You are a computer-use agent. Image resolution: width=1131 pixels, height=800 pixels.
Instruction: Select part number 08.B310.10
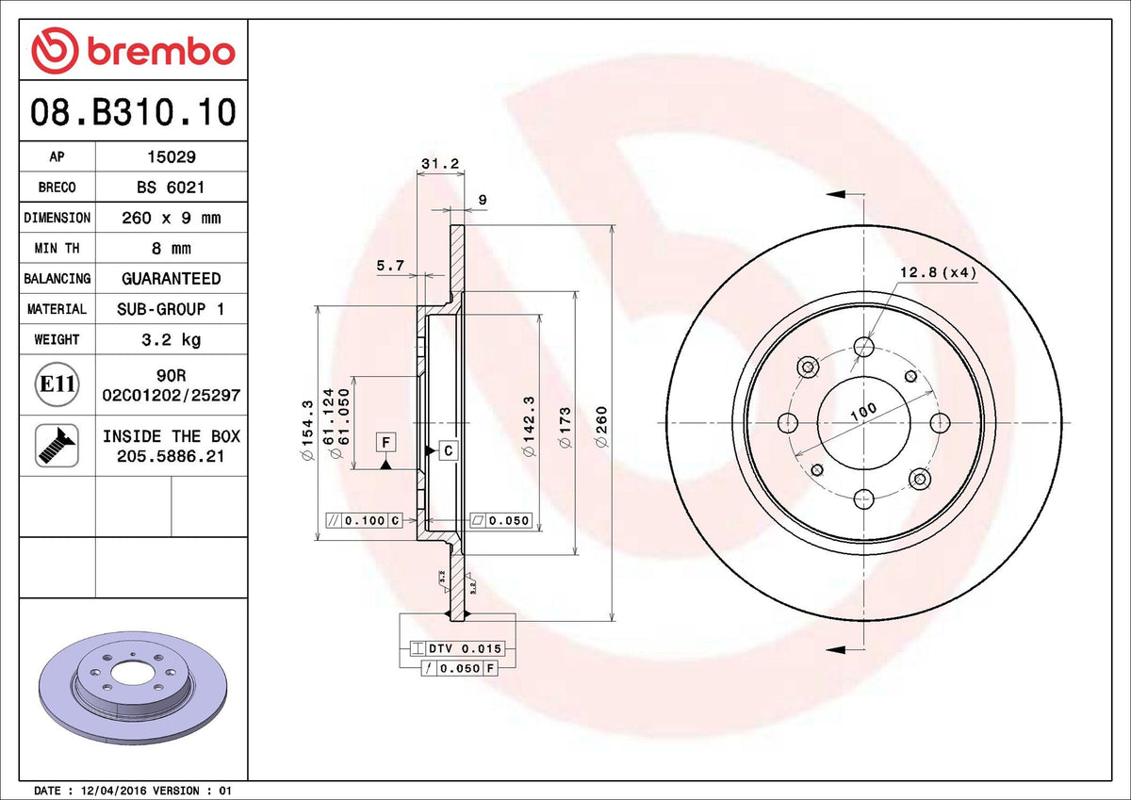pyautogui.click(x=132, y=112)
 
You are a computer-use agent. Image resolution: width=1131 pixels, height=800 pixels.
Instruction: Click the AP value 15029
pyautogui.click(x=171, y=157)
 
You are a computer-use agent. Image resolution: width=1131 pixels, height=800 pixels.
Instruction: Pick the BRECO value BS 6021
pyautogui.click(x=171, y=188)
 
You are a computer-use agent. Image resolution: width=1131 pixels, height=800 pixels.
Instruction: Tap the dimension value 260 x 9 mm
pyautogui.click(x=171, y=218)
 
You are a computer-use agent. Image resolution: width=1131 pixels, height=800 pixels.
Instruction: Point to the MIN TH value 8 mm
pyautogui.click(x=171, y=248)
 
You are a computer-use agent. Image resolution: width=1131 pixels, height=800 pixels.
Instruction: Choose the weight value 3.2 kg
pyautogui.click(x=171, y=338)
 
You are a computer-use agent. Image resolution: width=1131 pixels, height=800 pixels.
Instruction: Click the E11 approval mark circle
pyautogui.click(x=57, y=384)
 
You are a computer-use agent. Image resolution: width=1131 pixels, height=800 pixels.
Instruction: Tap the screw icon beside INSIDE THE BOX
pyautogui.click(x=57, y=445)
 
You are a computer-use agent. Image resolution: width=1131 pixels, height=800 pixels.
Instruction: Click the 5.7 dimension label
pyautogui.click(x=389, y=267)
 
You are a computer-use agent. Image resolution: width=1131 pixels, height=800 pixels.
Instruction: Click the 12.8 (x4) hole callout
pyautogui.click(x=937, y=272)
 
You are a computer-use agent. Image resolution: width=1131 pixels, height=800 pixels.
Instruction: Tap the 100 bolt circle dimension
pyautogui.click(x=861, y=411)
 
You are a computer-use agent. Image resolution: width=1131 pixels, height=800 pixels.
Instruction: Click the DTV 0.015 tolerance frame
pyautogui.click(x=457, y=648)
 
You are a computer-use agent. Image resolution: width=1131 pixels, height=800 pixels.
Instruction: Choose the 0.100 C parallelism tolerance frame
pyautogui.click(x=363, y=520)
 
